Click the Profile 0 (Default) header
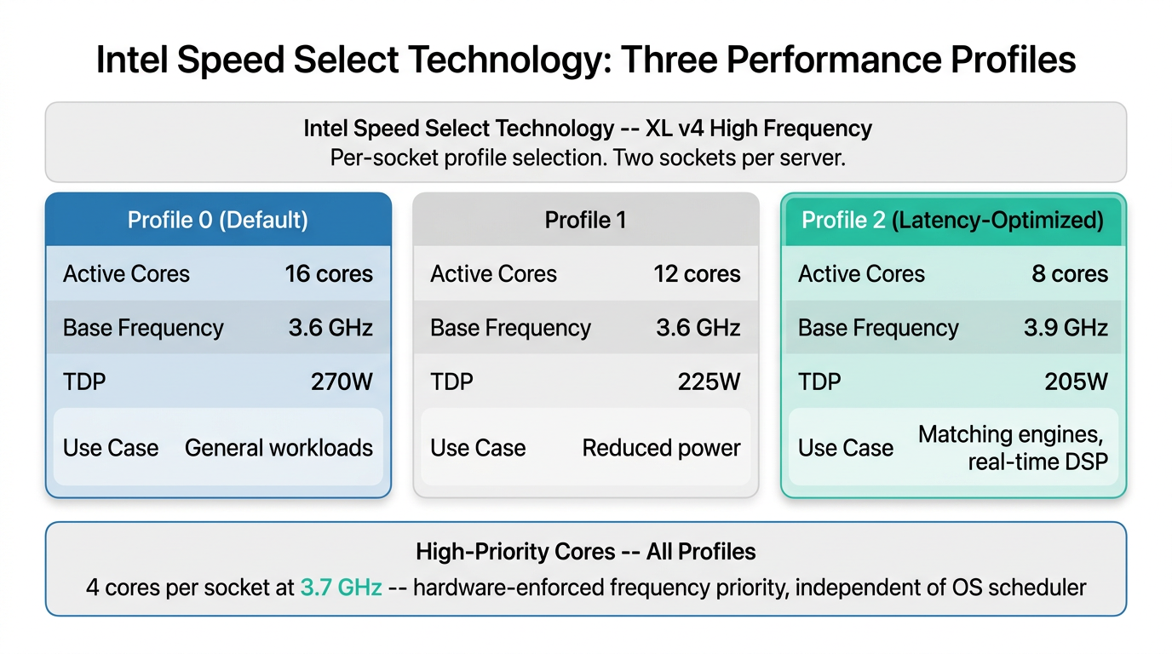click(218, 221)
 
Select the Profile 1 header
click(585, 221)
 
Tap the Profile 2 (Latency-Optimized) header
click(953, 221)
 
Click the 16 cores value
click(329, 274)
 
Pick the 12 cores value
click(697, 274)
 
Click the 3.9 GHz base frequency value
click(1066, 328)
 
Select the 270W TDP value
click(342, 381)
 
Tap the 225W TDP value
click(709, 381)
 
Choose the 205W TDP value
click(1077, 381)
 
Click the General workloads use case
click(279, 448)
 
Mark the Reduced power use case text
click(661, 448)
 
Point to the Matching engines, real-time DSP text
click(1011, 448)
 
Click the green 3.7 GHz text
click(341, 588)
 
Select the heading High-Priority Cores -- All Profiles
click(585, 552)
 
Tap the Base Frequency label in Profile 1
click(510, 328)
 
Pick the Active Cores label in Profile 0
click(126, 274)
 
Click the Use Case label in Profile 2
click(845, 448)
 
